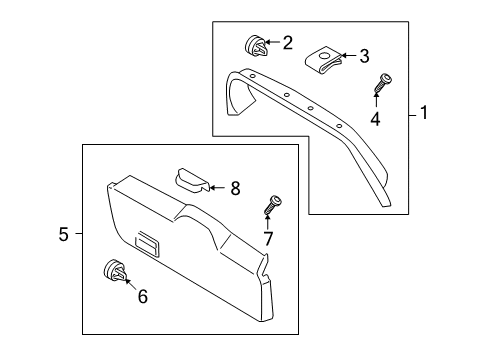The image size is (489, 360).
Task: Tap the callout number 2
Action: pyautogui.click(x=287, y=42)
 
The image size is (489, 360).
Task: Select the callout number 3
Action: pyautogui.click(x=364, y=56)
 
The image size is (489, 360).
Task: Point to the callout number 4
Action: pyautogui.click(x=376, y=121)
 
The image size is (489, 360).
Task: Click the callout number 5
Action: pyautogui.click(x=63, y=234)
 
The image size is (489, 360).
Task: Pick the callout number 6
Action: pyautogui.click(x=141, y=297)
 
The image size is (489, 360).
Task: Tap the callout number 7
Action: pyautogui.click(x=267, y=238)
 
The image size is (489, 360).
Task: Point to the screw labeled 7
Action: pyautogui.click(x=270, y=204)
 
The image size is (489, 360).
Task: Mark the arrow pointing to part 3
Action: pyautogui.click(x=349, y=57)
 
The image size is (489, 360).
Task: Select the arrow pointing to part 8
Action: pyautogui.click(x=218, y=186)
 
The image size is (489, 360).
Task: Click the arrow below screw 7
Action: pyautogui.click(x=267, y=221)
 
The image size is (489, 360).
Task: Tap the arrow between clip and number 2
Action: pyautogui.click(x=272, y=43)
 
